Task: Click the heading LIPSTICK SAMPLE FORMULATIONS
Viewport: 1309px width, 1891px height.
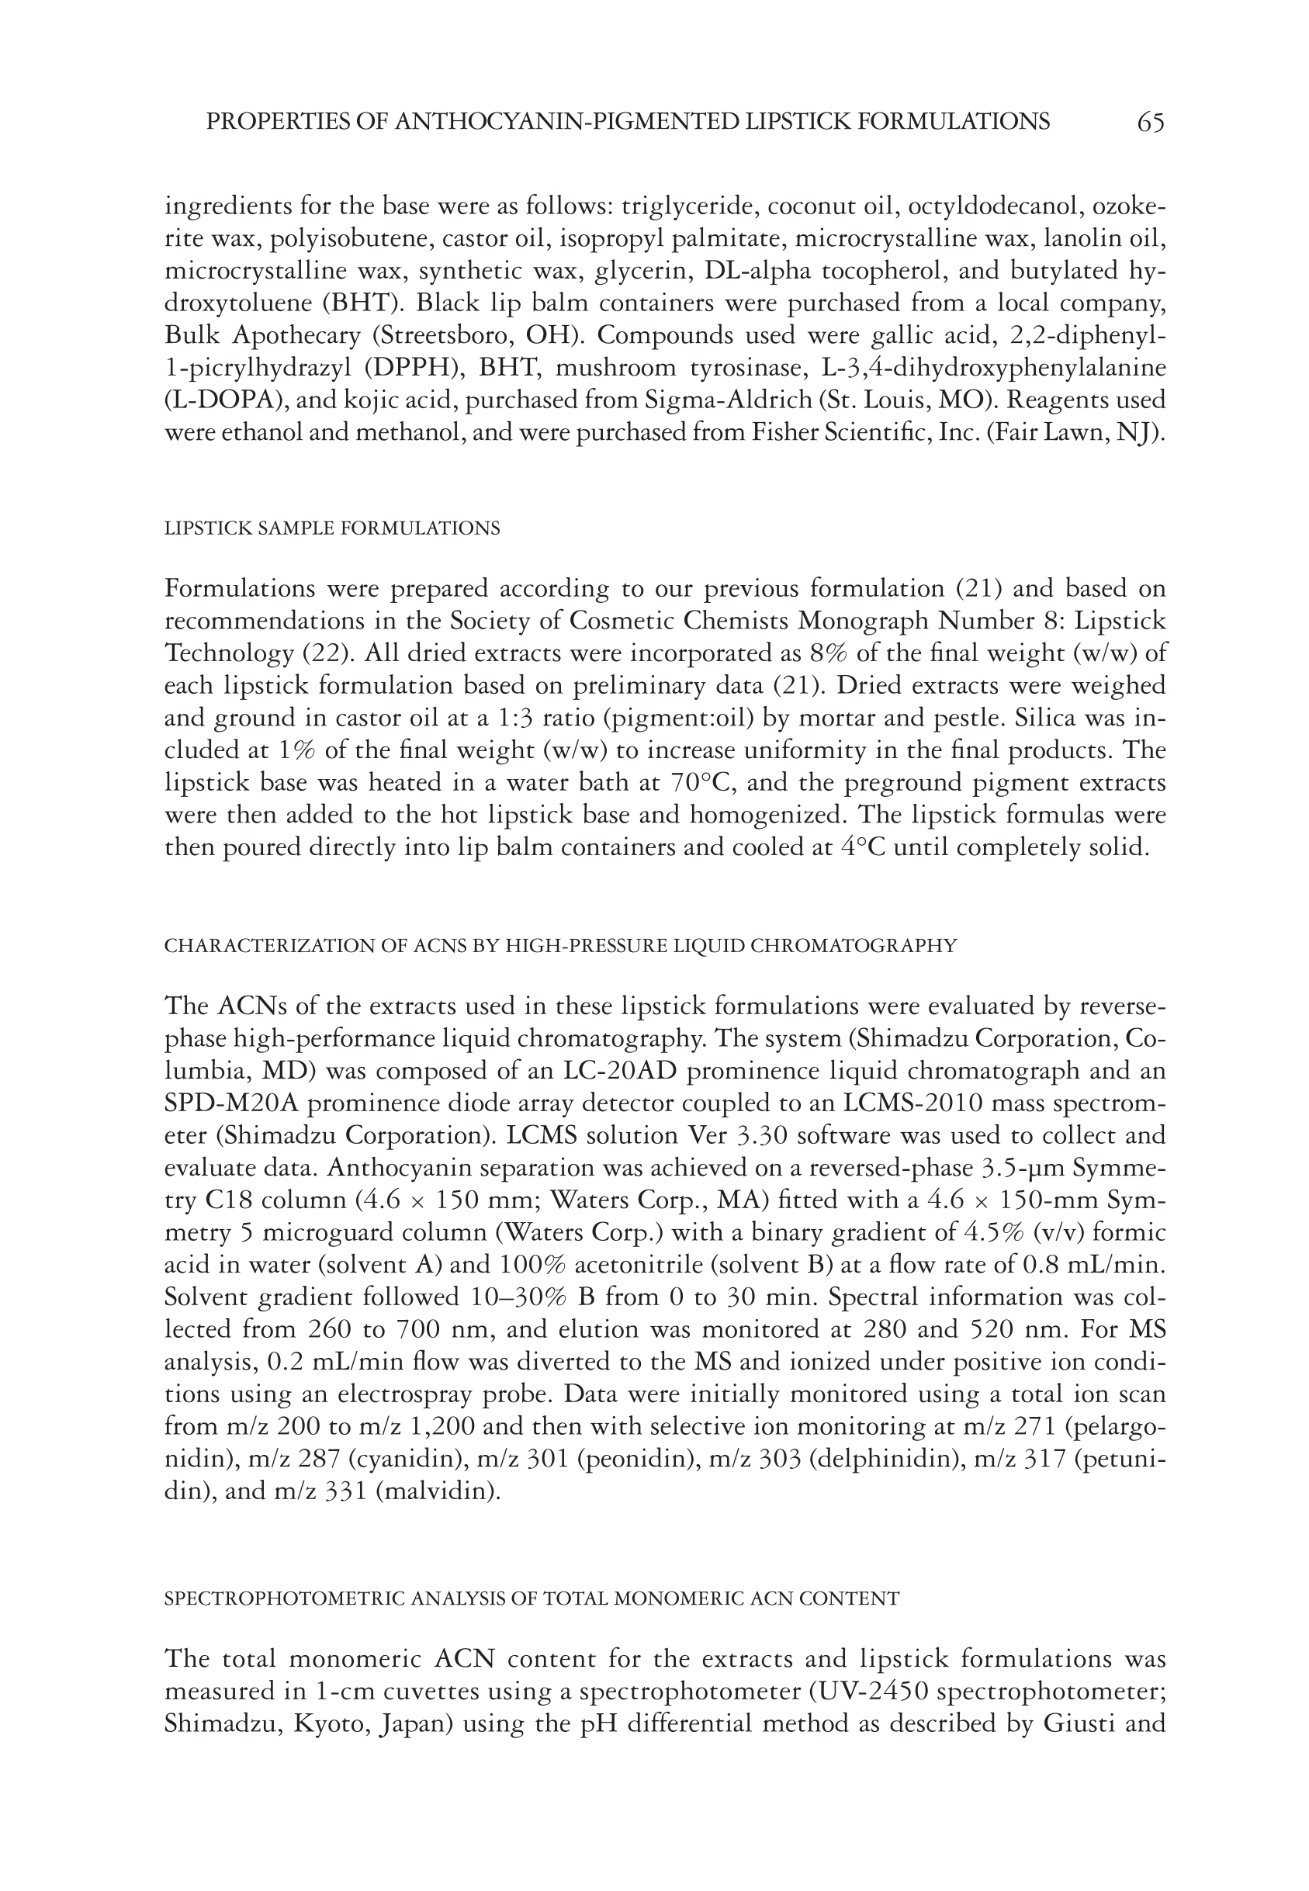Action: point(332,529)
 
